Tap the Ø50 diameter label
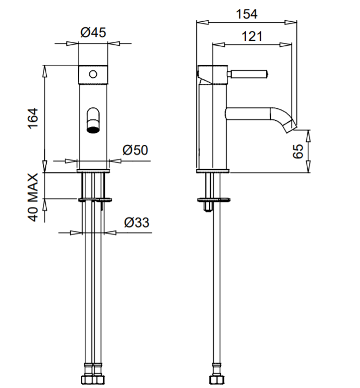click(135, 150)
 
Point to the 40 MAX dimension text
click(34, 197)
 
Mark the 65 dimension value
click(299, 151)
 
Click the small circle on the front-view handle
click(94, 73)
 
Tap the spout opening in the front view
click(94, 129)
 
